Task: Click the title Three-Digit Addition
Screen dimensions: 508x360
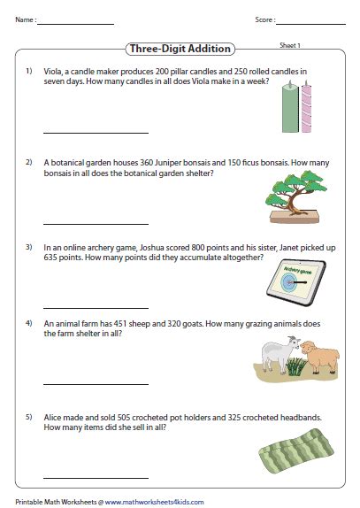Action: pos(180,50)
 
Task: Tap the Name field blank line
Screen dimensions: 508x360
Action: pos(76,23)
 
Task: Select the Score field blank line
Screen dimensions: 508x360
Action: pos(312,23)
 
